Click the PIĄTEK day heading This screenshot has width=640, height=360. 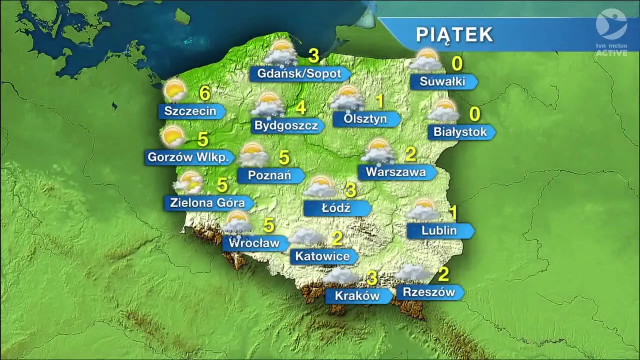pos(454,34)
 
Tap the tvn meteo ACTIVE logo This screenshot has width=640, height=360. pos(611,31)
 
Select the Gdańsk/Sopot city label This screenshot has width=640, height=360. pos(299,74)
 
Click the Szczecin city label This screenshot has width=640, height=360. pos(190,111)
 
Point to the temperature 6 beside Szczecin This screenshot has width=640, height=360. pos(204,93)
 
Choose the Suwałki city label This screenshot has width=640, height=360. pos(442,82)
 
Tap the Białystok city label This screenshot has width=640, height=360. pos(460,132)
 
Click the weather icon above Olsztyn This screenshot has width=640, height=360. pos(347,98)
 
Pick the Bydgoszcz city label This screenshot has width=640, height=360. pos(286,125)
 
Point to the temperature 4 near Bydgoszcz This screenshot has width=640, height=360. pos(300,107)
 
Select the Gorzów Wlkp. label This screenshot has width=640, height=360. pos(190,157)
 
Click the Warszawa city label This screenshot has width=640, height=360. pos(395,172)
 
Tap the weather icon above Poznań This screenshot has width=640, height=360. pos(254,155)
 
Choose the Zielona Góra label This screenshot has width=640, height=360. pos(207,203)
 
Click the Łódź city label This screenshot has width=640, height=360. pos(336,208)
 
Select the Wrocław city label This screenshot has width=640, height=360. pos(254,244)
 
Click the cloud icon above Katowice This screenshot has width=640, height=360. pos(306,236)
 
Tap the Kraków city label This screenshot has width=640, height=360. pos(357,296)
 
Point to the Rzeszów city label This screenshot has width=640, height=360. pos(429,292)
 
